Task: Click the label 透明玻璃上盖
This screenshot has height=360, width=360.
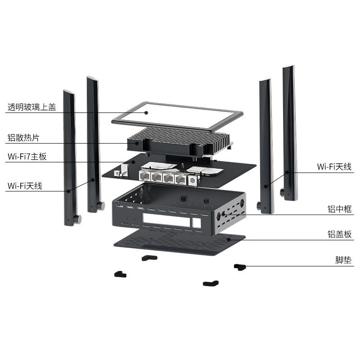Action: [x=32, y=108]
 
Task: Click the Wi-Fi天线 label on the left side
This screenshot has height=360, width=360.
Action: [x=25, y=185]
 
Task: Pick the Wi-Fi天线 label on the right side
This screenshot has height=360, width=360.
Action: [x=334, y=166]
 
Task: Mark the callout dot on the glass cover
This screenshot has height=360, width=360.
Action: [x=147, y=112]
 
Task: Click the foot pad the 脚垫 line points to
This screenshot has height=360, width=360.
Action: [x=240, y=266]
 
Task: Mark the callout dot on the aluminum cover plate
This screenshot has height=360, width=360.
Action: [x=229, y=240]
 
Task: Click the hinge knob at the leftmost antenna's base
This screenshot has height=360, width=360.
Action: [x=77, y=219]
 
